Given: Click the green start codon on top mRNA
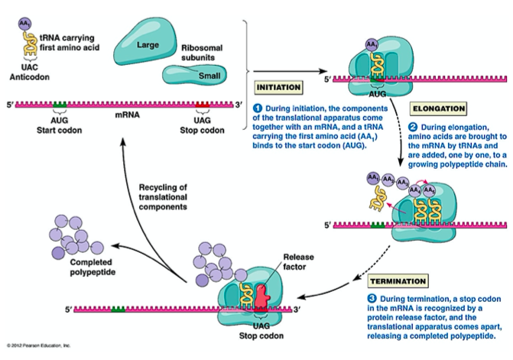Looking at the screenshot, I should coord(59,103).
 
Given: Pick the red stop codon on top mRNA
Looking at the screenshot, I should coord(202,103).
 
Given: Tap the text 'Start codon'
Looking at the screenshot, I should coord(60,128).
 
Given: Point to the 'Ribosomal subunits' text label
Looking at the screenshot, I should coord(202,51).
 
